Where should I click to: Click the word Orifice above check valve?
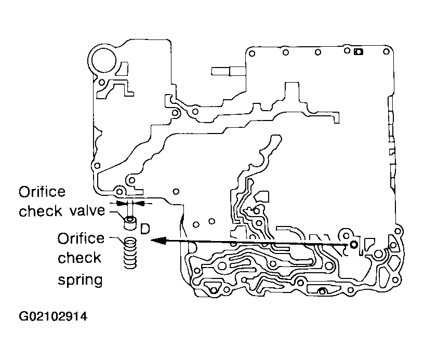tap(42, 192)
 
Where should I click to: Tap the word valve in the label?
tap(87, 210)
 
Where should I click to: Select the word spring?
tap(80, 280)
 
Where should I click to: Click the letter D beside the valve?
tap(145, 229)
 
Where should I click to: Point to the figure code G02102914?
tap(53, 316)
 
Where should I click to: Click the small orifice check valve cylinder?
tap(130, 223)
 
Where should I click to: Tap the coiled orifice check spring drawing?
tap(130, 252)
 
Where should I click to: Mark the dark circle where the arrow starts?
tap(353, 245)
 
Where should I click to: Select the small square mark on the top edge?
tap(359, 51)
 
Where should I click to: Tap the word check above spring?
tap(79, 258)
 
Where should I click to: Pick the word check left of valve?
tap(41, 211)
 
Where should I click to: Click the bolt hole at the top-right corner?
tap(387, 51)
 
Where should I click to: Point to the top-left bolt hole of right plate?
tap(251, 53)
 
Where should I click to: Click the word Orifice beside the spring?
tap(81, 238)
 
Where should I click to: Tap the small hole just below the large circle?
tap(102, 82)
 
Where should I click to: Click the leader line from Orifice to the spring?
tap(117, 239)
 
